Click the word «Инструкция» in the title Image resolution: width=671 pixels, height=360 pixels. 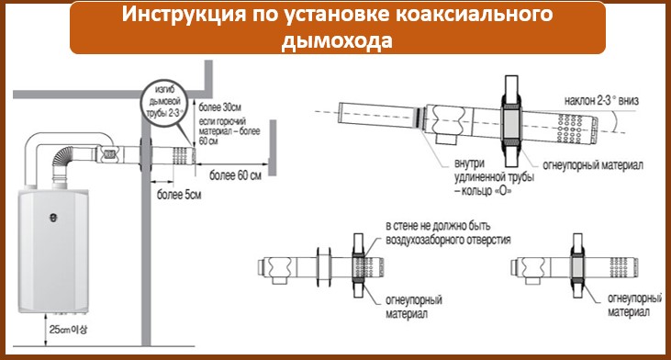coord(184,15)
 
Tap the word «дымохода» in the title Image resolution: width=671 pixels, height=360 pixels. coord(337,41)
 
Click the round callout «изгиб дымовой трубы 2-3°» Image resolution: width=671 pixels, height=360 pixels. coord(164,103)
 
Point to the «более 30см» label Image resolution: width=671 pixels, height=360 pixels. coord(220,107)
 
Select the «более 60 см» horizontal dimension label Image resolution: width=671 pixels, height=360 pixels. coord(235,174)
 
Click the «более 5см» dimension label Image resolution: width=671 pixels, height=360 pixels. coord(179,195)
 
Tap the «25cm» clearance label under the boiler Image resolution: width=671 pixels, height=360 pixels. coord(68,329)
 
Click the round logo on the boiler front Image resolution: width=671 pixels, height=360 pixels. coord(53,218)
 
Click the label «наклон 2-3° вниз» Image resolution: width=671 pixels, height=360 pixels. coord(601,101)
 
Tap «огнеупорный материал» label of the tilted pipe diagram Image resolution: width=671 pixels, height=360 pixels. coord(593,164)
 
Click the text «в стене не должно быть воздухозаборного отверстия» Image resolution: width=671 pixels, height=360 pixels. coord(448,232)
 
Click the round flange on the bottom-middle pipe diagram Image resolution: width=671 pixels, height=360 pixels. coord(323,267)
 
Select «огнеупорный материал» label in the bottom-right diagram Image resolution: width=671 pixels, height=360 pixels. coord(634,305)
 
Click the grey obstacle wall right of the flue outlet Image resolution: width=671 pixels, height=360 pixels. coord(273,148)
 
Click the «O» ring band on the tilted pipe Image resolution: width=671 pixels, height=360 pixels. coord(416,118)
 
